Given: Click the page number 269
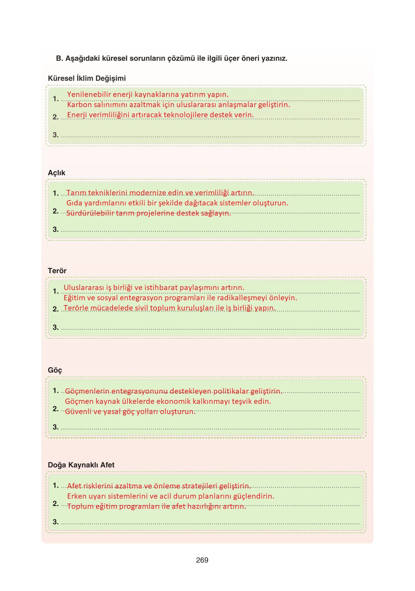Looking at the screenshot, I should pyautogui.click(x=202, y=560).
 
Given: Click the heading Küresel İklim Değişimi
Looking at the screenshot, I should pyautogui.click(x=87, y=78).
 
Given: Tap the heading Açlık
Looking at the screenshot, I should pyautogui.click(x=57, y=173).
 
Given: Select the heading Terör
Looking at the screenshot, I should pyautogui.click(x=57, y=271).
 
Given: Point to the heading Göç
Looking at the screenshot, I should pyautogui.click(x=55, y=370).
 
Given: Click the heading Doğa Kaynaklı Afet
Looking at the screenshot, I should pyautogui.click(x=81, y=465).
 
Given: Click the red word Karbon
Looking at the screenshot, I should pyautogui.click(x=79, y=105).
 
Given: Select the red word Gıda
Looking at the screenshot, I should pyautogui.click(x=74, y=203).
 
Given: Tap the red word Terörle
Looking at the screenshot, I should pyautogui.click(x=76, y=308).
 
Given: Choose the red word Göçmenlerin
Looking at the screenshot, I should pyautogui.click(x=87, y=391).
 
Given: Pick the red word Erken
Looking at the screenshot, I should pyautogui.click(x=76, y=496).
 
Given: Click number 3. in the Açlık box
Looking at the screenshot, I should pyautogui.click(x=56, y=229).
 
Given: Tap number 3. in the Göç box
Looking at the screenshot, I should pyautogui.click(x=56, y=427).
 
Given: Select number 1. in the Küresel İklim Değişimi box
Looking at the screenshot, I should pyautogui.click(x=56, y=99).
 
